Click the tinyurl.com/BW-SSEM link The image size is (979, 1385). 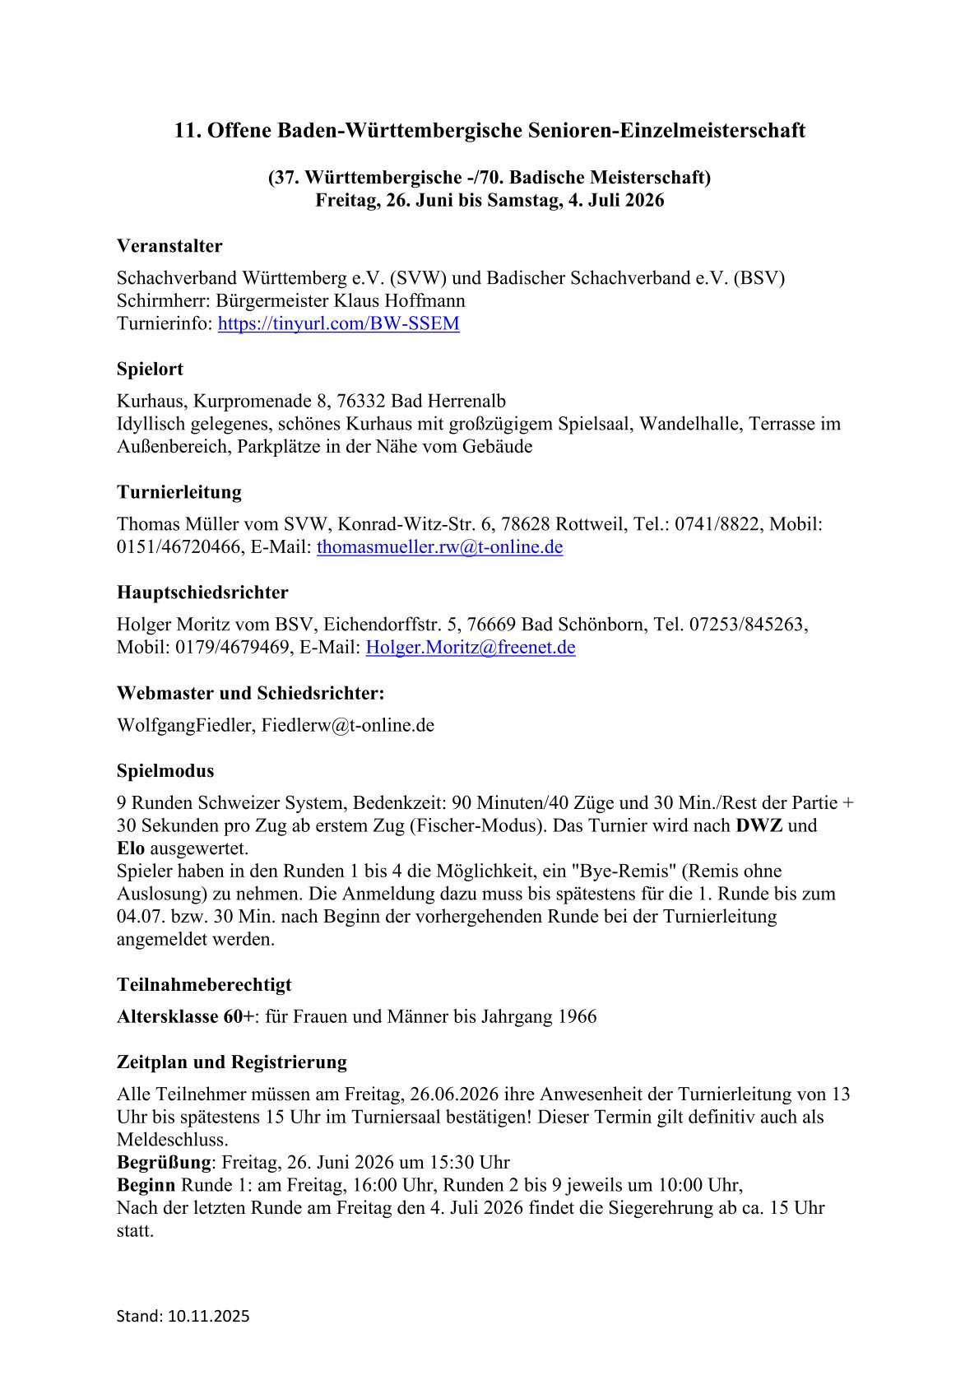click(x=338, y=323)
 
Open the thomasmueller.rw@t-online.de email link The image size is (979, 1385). click(x=439, y=546)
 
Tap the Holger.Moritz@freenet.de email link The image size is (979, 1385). click(x=470, y=647)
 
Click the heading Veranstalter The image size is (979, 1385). click(x=169, y=246)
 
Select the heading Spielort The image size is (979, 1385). click(x=150, y=369)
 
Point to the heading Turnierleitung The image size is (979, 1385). click(x=179, y=492)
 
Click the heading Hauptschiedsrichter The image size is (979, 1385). click(x=202, y=593)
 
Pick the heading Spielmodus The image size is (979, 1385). click(x=165, y=771)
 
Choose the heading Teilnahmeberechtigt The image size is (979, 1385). click(x=204, y=984)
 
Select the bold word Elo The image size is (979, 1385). click(x=131, y=848)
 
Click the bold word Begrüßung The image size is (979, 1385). click(x=165, y=1162)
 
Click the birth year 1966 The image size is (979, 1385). click(x=577, y=1016)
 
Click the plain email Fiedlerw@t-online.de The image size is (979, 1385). click(x=347, y=725)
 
